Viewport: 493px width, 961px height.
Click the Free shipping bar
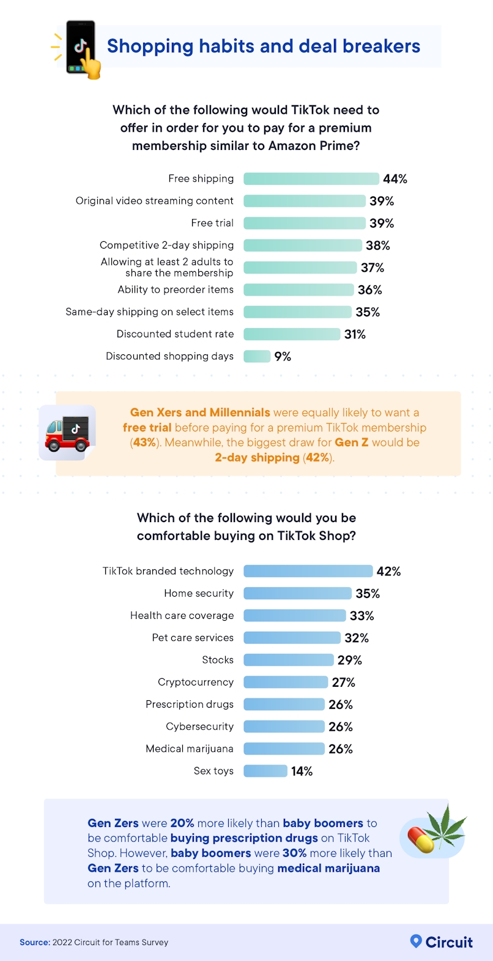[311, 179]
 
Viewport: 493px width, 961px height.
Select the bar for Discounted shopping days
[257, 356]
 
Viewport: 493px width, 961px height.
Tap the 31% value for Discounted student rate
[355, 334]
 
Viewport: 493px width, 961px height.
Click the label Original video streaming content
[154, 201]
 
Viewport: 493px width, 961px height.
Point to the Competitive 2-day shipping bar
[303, 245]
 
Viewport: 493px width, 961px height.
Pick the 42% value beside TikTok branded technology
[388, 571]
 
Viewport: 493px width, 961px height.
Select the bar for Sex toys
[265, 771]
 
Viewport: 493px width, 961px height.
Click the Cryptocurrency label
[196, 682]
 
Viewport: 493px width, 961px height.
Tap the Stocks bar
[288, 660]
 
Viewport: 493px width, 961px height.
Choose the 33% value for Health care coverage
[361, 616]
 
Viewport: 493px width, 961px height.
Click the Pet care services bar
[292, 638]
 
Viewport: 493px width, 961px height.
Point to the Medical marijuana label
[190, 749]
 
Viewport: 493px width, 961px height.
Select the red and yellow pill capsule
[420, 839]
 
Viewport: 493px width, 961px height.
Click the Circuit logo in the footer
[441, 942]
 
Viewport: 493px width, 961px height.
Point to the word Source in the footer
[34, 943]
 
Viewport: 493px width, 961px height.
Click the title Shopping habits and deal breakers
[264, 47]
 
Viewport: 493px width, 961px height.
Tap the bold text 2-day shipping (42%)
[273, 458]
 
